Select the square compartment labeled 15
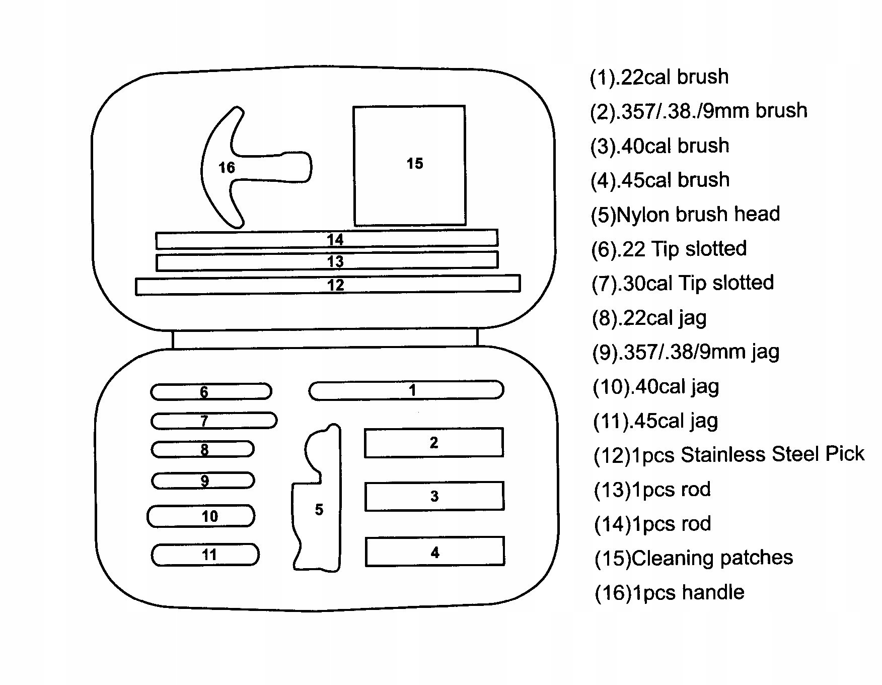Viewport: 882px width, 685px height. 409,165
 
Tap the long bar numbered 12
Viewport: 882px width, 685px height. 328,285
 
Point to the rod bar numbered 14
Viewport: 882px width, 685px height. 327,239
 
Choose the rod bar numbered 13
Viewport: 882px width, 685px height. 327,261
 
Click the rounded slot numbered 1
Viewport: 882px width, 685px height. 406,390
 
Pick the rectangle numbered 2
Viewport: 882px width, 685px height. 433,443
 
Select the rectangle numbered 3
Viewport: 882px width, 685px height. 434,496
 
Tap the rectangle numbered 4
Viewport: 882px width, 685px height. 434,552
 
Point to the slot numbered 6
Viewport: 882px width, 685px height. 211,392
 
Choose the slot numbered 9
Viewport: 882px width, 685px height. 203,481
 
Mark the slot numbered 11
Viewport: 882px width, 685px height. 205,555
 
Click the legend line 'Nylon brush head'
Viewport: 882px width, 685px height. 685,215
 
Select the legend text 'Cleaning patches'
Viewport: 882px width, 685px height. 693,558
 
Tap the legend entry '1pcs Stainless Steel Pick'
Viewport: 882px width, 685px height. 729,455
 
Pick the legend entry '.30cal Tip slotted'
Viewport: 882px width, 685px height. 683,283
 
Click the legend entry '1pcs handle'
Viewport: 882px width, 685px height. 669,593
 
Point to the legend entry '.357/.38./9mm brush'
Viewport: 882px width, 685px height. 699,111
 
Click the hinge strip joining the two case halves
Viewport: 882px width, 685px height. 325,339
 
